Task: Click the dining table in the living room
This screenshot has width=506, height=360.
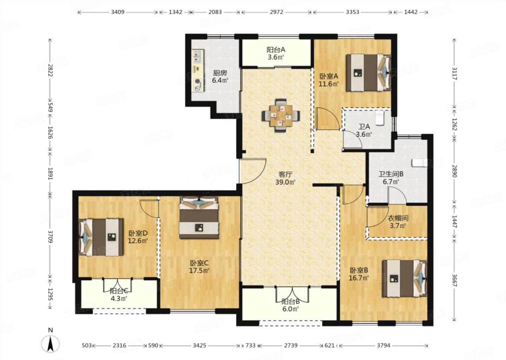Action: pyautogui.click(x=281, y=116)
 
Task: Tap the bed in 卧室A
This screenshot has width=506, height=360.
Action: pyautogui.click(x=368, y=73)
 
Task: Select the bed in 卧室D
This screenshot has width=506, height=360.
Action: pyautogui.click(x=101, y=237)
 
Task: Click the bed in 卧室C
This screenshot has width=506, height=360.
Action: pyautogui.click(x=199, y=217)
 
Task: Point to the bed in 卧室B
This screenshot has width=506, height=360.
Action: pyautogui.click(x=405, y=279)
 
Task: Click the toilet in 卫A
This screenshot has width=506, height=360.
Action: pyautogui.click(x=380, y=118)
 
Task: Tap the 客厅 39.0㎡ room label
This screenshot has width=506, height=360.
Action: pyautogui.click(x=286, y=178)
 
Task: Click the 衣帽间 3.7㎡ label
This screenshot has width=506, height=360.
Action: pyautogui.click(x=398, y=222)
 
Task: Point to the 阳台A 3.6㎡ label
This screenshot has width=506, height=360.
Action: pyautogui.click(x=276, y=53)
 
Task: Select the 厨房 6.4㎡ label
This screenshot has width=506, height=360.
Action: pyautogui.click(x=220, y=76)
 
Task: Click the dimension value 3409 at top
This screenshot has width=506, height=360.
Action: pyautogui.click(x=118, y=12)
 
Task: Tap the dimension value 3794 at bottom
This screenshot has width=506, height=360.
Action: pyautogui.click(x=384, y=346)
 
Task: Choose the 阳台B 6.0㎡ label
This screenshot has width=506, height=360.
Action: pyautogui.click(x=291, y=305)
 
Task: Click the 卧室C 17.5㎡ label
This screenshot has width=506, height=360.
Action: pyautogui.click(x=199, y=267)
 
